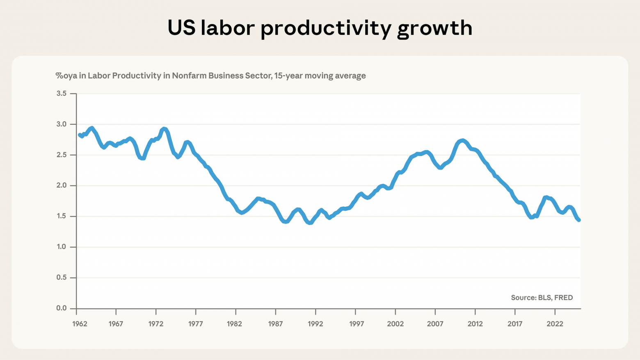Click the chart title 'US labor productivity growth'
pos(320,28)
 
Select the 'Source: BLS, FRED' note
pos(542,298)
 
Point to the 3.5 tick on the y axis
pos(62,94)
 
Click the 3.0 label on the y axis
pos(62,124)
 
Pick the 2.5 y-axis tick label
pos(62,155)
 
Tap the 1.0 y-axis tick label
pos(62,247)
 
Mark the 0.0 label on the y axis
pos(62,308)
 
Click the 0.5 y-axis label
pos(62,277)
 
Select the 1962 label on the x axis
pos(80,324)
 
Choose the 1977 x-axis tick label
pos(196,324)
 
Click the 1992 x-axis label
pos(315,324)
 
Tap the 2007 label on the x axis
pos(435,324)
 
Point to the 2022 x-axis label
pos(555,324)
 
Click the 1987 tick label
pos(275,324)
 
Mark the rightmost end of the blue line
pos(579,220)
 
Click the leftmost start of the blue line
pos(80,135)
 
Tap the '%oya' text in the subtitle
pos(66,76)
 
